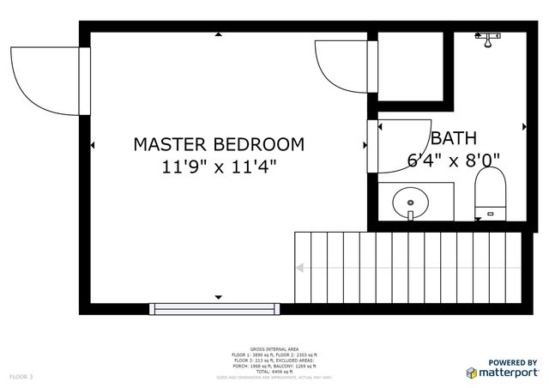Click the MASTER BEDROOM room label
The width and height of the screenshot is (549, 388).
[x=219, y=144]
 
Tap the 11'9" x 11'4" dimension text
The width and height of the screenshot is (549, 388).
[x=219, y=167]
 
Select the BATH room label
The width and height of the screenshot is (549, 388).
[x=454, y=137]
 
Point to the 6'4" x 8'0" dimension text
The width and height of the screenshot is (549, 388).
[x=453, y=160]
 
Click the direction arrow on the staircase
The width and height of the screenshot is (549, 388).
[x=299, y=268]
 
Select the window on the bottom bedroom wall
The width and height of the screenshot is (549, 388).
[x=212, y=307]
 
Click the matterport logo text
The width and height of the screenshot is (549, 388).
[x=508, y=372]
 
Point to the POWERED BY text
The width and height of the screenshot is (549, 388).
[x=513, y=362]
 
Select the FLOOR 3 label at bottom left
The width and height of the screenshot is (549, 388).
[x=21, y=377]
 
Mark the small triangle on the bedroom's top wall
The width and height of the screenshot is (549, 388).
[x=218, y=35]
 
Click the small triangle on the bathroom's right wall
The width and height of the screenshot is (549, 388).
[x=524, y=127]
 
